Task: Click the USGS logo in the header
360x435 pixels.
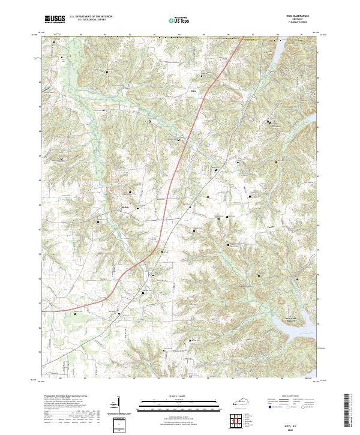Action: tap(55, 19)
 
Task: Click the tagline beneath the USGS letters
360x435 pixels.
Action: tap(55, 22)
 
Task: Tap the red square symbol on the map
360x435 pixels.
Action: tap(208, 197)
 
